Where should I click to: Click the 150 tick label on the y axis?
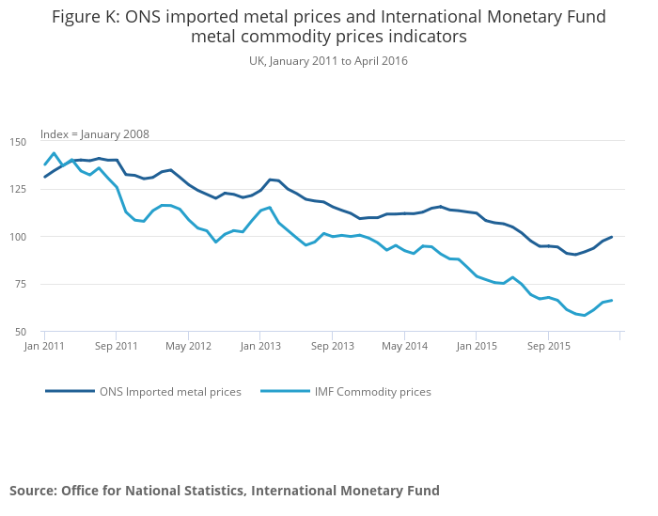[x=19, y=142]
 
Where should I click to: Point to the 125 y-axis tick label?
[x=19, y=189]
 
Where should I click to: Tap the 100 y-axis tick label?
[x=19, y=237]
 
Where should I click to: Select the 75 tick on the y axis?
[x=21, y=284]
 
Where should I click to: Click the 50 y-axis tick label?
[x=21, y=332]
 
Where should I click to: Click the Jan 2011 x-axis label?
[x=44, y=346]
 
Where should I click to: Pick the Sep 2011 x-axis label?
[x=116, y=346]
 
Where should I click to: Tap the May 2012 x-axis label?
[x=188, y=346]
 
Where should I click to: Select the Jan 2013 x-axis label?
[x=260, y=346]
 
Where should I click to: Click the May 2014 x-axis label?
[x=404, y=346]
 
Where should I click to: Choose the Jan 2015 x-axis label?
[x=477, y=346]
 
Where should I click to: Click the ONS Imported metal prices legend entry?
[x=170, y=392]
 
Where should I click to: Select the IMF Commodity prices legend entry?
[x=371, y=392]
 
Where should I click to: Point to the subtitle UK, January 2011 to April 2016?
[x=328, y=61]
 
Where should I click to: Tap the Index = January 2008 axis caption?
[x=94, y=134]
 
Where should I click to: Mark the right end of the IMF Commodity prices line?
[x=612, y=301]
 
